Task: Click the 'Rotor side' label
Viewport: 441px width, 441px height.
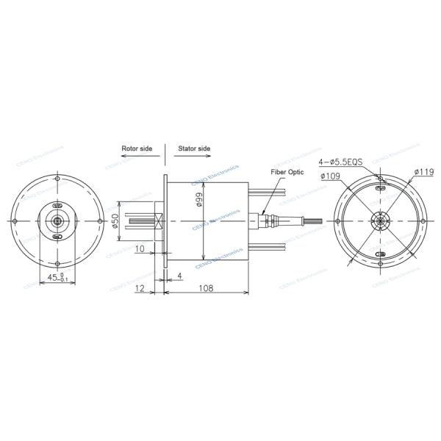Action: coord(137,148)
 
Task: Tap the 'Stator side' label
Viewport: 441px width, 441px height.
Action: coord(195,148)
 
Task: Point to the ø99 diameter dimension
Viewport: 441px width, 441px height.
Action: coord(199,198)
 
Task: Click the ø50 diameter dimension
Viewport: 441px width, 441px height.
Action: coord(115,220)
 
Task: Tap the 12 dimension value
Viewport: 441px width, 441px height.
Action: coord(140,289)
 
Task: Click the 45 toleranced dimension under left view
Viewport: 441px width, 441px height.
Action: coord(56,278)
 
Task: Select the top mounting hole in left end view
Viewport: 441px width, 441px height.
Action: coord(57,179)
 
